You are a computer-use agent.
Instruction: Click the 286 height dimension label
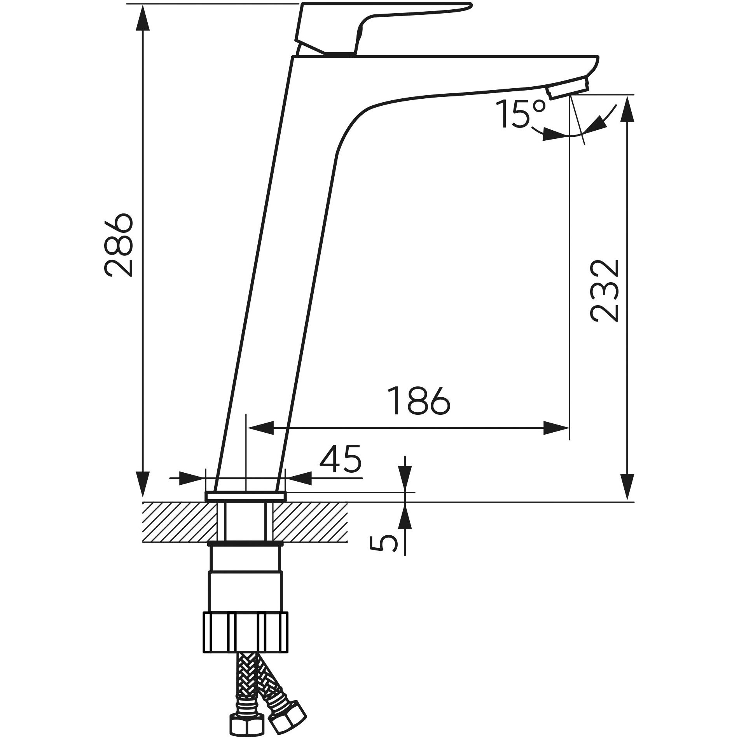coord(119,245)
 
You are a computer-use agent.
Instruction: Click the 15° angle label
coord(521,114)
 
